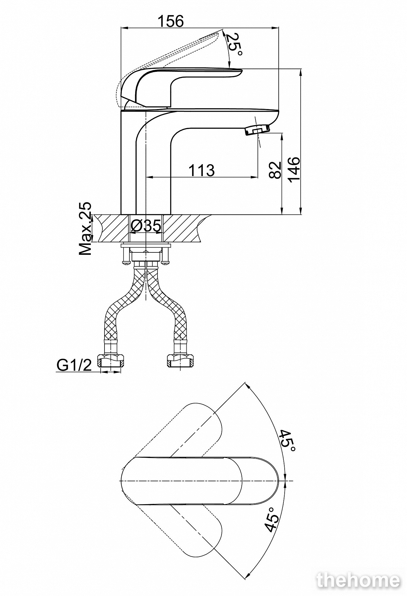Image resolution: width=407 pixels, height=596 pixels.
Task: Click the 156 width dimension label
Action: click(x=171, y=21)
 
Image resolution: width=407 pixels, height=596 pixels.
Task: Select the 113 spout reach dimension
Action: click(x=202, y=170)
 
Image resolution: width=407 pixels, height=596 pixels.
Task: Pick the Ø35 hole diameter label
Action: click(x=146, y=226)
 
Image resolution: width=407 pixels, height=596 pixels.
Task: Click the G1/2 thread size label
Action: click(x=74, y=365)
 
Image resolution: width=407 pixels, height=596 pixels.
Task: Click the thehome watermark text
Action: click(x=359, y=579)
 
